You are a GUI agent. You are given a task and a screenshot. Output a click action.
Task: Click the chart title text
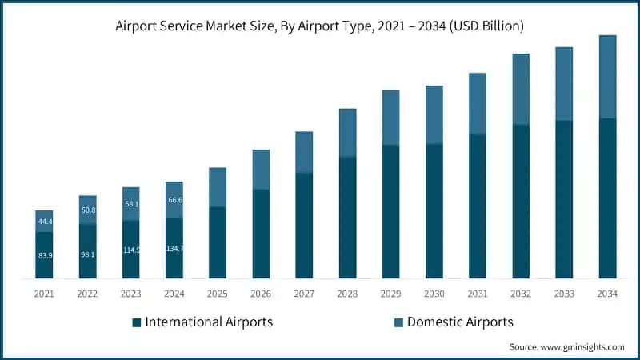[x=320, y=26]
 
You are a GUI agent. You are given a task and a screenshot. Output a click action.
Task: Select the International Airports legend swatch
[x=138, y=322]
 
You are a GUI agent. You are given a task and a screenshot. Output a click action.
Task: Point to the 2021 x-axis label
[x=44, y=294]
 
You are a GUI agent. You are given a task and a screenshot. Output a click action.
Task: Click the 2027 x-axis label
[x=304, y=294]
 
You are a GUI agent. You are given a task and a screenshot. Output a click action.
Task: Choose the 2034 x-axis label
[x=608, y=294]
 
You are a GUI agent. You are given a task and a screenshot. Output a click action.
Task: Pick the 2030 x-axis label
[x=434, y=294]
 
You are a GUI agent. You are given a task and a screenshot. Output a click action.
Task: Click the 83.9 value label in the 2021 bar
[x=44, y=255]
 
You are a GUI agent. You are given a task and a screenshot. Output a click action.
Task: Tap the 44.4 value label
[x=44, y=222]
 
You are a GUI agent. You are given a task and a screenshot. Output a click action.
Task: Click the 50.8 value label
[x=87, y=210]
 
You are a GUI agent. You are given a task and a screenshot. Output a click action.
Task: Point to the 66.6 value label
[x=174, y=200]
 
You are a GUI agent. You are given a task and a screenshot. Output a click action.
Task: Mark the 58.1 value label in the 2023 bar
[x=131, y=204]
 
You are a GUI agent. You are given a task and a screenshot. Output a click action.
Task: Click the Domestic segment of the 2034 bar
[x=608, y=77]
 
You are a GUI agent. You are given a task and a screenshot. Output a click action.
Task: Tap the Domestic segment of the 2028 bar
[x=347, y=133]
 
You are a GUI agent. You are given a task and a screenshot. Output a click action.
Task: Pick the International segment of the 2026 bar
[x=261, y=234]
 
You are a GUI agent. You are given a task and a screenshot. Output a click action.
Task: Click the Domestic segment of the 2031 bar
[x=478, y=104]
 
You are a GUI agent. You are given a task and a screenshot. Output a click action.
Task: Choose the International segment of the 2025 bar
[x=218, y=242]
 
